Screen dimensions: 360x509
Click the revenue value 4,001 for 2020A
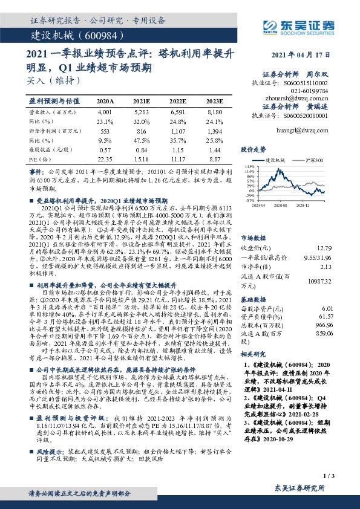click(104, 112)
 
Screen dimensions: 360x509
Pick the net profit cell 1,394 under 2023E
click(215, 131)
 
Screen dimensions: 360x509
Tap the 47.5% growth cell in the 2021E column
click(142, 140)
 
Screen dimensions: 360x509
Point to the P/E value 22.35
click(105, 159)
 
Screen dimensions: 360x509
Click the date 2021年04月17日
click(305, 54)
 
